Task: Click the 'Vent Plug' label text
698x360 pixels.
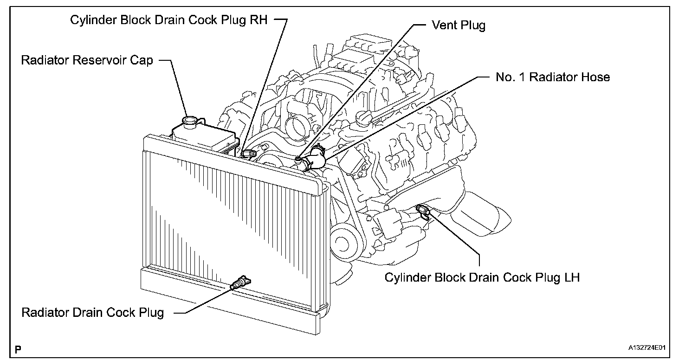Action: pyautogui.click(x=459, y=26)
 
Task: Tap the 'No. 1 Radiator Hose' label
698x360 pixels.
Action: pyautogui.click(x=552, y=77)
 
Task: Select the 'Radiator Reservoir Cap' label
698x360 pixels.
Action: pyautogui.click(x=87, y=60)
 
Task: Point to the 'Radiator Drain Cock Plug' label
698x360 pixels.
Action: pyautogui.click(x=92, y=313)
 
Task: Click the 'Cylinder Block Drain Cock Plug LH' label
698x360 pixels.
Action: pyautogui.click(x=482, y=277)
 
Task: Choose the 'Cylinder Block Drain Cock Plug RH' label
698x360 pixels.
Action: pyautogui.click(x=168, y=20)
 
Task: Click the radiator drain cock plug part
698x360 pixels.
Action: pyautogui.click(x=240, y=282)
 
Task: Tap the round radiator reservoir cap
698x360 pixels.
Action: pyautogui.click(x=190, y=121)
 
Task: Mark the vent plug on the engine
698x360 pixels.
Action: pyautogui.click(x=298, y=160)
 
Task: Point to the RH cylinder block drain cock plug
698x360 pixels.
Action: pyautogui.click(x=249, y=154)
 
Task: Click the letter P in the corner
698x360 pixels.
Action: pyautogui.click(x=18, y=349)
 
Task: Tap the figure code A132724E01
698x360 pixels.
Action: pyautogui.click(x=647, y=347)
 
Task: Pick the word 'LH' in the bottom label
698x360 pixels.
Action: pyautogui.click(x=572, y=277)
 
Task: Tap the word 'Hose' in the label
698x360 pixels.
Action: pyautogui.click(x=596, y=77)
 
